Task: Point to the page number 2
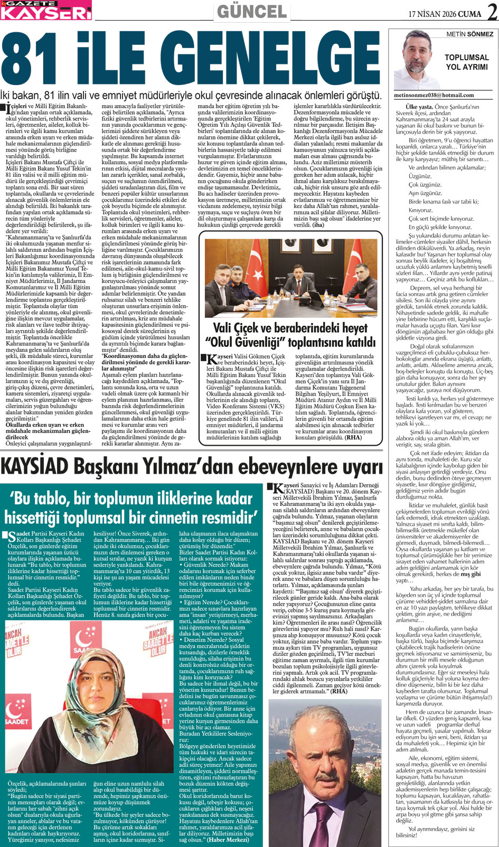click(491, 12)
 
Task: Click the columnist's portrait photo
click(420, 59)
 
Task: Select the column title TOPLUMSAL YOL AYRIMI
click(467, 62)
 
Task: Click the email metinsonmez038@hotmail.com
click(433, 96)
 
